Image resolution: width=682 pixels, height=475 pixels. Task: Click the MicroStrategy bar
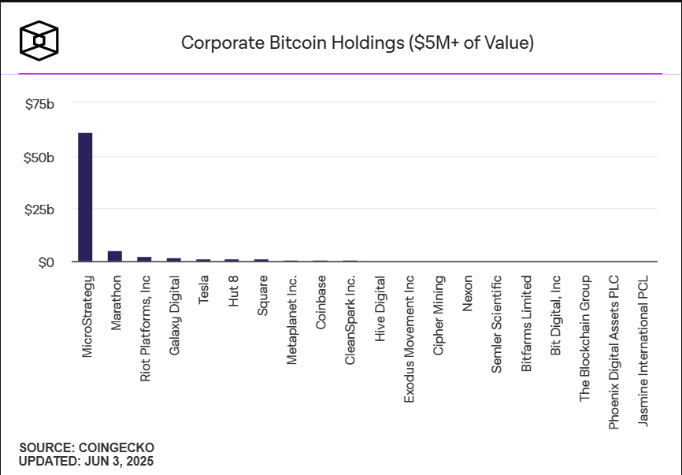tap(85, 197)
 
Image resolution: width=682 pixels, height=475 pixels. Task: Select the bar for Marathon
tap(115, 256)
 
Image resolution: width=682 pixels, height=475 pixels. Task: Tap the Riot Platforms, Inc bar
tap(144, 258)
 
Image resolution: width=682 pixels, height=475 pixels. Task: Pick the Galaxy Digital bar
tap(174, 259)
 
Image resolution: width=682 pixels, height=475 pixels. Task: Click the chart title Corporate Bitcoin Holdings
tap(358, 43)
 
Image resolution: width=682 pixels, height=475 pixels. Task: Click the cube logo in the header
tap(39, 39)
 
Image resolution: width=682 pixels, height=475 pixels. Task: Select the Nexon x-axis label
tap(468, 294)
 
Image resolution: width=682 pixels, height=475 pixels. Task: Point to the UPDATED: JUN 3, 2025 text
tap(87, 461)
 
